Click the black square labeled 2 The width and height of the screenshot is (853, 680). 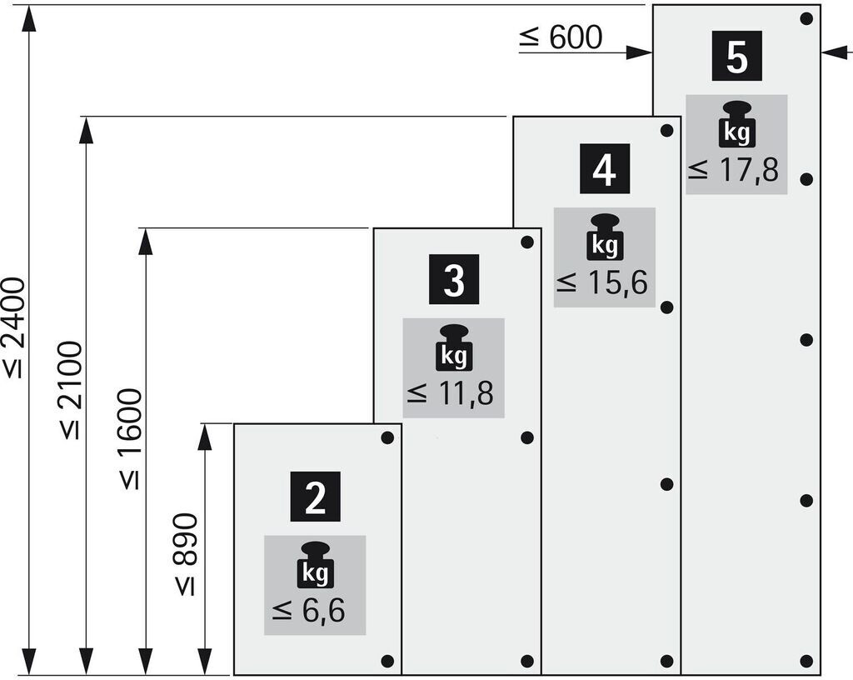click(x=315, y=497)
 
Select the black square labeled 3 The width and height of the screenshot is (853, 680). click(x=454, y=279)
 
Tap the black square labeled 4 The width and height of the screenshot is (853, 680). click(x=604, y=168)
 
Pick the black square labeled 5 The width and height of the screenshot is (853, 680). click(x=737, y=56)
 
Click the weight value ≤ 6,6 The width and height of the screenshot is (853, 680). click(x=308, y=611)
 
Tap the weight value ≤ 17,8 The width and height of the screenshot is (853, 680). click(x=734, y=171)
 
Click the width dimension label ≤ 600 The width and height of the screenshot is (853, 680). click(x=560, y=37)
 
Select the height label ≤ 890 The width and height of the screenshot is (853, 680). click(x=187, y=554)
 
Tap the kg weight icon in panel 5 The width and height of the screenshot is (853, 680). click(x=736, y=124)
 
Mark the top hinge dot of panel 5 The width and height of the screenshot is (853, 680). click(x=806, y=18)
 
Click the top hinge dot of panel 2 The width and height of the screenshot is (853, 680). click(x=387, y=437)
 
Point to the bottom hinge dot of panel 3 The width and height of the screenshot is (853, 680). click(x=526, y=661)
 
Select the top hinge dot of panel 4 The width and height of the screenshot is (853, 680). click(x=666, y=131)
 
